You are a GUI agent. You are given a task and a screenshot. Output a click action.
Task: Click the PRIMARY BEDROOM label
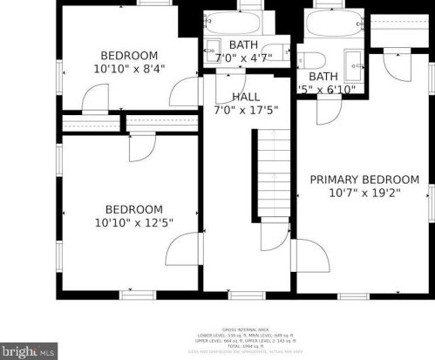pos(364,180)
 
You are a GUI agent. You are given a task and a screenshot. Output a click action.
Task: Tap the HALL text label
pos(245,96)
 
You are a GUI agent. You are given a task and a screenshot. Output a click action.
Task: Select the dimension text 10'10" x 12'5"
pos(133,223)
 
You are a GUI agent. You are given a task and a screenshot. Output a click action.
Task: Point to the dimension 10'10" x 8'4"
pos(130,67)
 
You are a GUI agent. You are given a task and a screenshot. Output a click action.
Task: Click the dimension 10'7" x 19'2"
pos(364,194)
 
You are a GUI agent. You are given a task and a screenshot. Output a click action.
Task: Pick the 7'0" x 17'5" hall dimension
pos(245,111)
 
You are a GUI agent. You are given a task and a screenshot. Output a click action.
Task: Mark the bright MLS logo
pos(30,350)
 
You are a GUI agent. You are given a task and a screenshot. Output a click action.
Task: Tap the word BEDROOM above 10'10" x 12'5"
pos(133,209)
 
